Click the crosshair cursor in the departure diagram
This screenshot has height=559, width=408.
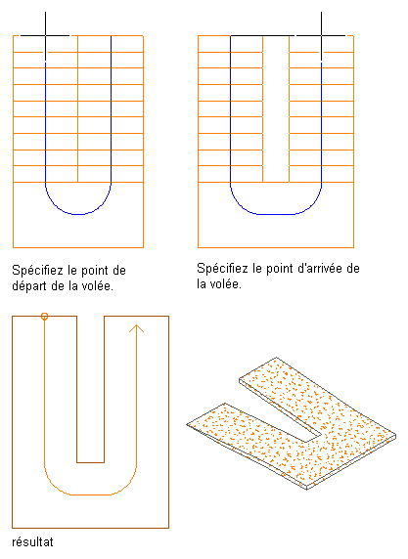(x=45, y=35)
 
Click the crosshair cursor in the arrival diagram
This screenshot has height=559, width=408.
(x=321, y=35)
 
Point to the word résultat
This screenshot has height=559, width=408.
(x=32, y=542)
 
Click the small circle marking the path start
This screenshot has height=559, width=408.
(x=44, y=317)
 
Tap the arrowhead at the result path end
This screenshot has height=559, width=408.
(x=136, y=328)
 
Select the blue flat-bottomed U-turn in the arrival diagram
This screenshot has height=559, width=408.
(x=276, y=214)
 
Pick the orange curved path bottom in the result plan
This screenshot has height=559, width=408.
(x=90, y=494)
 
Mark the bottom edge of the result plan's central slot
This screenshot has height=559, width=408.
(x=90, y=462)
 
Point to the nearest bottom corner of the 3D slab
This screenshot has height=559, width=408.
(x=307, y=489)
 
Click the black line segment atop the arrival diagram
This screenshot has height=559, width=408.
(x=262, y=35)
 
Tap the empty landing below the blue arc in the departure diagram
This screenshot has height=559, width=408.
(x=78, y=231)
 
